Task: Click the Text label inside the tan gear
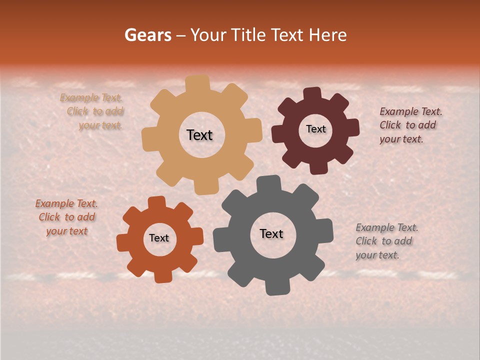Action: [199, 135]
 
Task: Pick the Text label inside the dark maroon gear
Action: [315, 129]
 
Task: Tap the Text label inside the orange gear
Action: [159, 238]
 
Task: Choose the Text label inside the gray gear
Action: [271, 233]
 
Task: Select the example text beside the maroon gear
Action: [410, 125]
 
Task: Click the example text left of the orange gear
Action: [66, 217]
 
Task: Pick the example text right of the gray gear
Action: [386, 241]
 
